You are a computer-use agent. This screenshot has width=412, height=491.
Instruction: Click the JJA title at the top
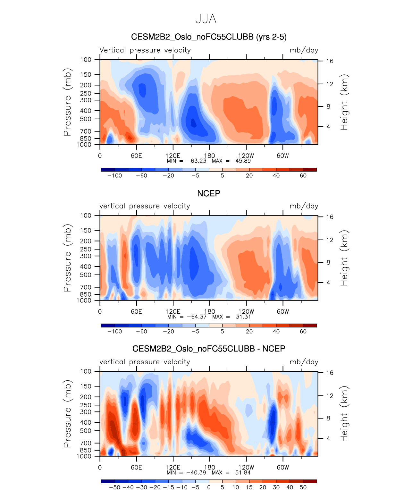pos(206,19)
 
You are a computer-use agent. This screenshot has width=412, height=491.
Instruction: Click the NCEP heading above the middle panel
pos(209,193)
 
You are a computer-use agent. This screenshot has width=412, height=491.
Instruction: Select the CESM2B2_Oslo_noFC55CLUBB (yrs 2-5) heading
pos(209,37)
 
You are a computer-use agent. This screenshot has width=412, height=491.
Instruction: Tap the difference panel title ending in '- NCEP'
pos(209,349)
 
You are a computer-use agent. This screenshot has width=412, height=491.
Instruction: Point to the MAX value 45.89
pos(243,161)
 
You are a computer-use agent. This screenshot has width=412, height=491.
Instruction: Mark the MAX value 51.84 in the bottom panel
pos(243,472)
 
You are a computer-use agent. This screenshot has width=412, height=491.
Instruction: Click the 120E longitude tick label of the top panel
pos(173,156)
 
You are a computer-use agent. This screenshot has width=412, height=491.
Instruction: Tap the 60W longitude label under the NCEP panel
pos(283,311)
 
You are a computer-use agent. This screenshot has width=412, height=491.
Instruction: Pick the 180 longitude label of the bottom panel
pos(210,467)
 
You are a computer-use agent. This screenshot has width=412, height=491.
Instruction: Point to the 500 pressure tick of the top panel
pos(86,119)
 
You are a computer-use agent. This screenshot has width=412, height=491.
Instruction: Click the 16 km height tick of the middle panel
pos(330,217)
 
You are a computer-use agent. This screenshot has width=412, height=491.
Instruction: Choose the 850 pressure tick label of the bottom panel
pos(86,450)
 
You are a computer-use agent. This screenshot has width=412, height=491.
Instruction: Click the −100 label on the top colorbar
pos(114,176)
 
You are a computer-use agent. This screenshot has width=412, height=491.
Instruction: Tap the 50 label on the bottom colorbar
pos(303,487)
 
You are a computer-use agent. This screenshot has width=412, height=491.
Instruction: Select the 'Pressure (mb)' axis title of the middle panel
pos(67,258)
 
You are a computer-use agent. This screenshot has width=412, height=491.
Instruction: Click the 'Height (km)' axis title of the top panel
pos(344,102)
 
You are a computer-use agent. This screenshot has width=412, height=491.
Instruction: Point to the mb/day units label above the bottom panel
pos(304,362)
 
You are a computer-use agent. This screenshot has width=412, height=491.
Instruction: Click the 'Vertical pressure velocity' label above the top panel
pos(145,50)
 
